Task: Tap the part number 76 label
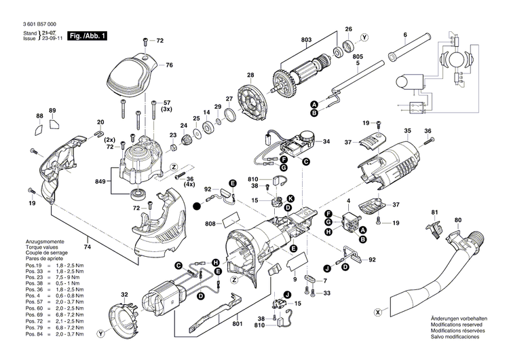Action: point(170,65)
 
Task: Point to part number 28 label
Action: point(250,75)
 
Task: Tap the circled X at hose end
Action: point(377,313)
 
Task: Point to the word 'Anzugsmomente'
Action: point(45,242)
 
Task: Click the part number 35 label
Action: point(407,130)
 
